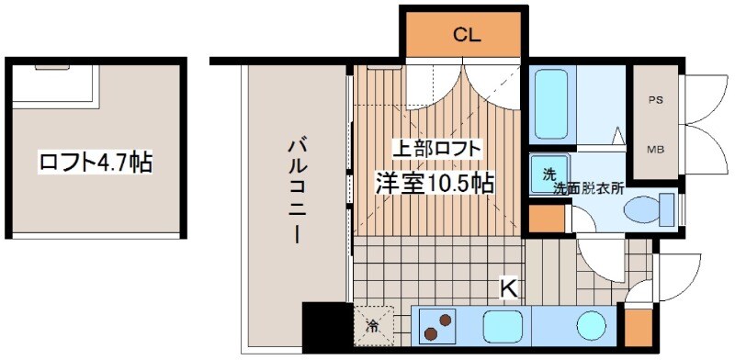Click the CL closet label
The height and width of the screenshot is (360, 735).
pos(467,36)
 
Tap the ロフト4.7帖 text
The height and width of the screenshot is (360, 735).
pos(96,163)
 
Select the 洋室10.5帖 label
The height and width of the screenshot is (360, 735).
pos(434,182)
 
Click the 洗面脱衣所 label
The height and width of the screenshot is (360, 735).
pos(588,187)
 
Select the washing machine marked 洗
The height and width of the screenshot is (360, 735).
pos(548,172)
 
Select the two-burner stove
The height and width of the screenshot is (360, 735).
pos(438,324)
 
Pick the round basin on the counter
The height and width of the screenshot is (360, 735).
pos(592,325)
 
